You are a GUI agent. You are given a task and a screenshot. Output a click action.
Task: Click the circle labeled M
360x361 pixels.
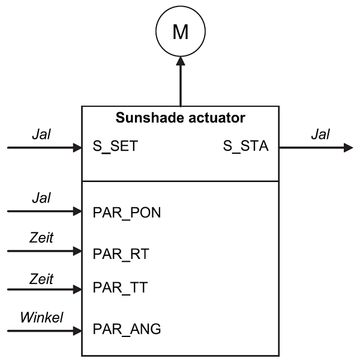(x=180, y=32)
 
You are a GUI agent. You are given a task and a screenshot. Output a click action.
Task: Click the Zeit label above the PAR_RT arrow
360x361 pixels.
(x=42, y=238)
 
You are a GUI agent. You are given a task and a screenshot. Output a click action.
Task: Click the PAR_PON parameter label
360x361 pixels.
(x=127, y=213)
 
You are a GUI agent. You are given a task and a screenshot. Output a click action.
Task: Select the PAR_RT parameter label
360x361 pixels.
(x=121, y=254)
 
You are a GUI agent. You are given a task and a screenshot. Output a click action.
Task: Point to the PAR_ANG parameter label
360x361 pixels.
(x=127, y=330)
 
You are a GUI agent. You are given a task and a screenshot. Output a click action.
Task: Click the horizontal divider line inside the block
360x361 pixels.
(x=180, y=181)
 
